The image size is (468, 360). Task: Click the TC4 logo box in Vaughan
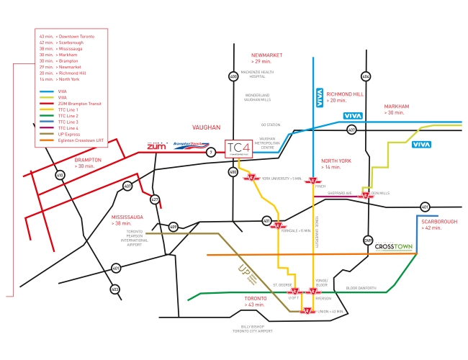(x=238, y=149)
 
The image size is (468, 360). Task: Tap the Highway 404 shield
(x=366, y=76)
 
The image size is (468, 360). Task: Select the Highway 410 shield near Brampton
(x=60, y=175)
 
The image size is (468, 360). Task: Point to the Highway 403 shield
(x=115, y=289)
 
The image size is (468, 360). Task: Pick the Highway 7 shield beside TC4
(x=211, y=152)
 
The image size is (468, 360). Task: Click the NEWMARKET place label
(x=266, y=55)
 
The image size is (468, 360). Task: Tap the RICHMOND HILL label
(x=344, y=94)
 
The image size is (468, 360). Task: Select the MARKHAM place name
(x=396, y=106)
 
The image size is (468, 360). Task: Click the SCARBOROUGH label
(x=438, y=222)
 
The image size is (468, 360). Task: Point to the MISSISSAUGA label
(x=127, y=217)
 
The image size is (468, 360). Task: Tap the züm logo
(x=157, y=146)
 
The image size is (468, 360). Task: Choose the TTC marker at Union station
(x=307, y=311)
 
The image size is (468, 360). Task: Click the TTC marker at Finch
(x=312, y=181)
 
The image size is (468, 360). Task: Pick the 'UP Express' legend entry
(x=67, y=135)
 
